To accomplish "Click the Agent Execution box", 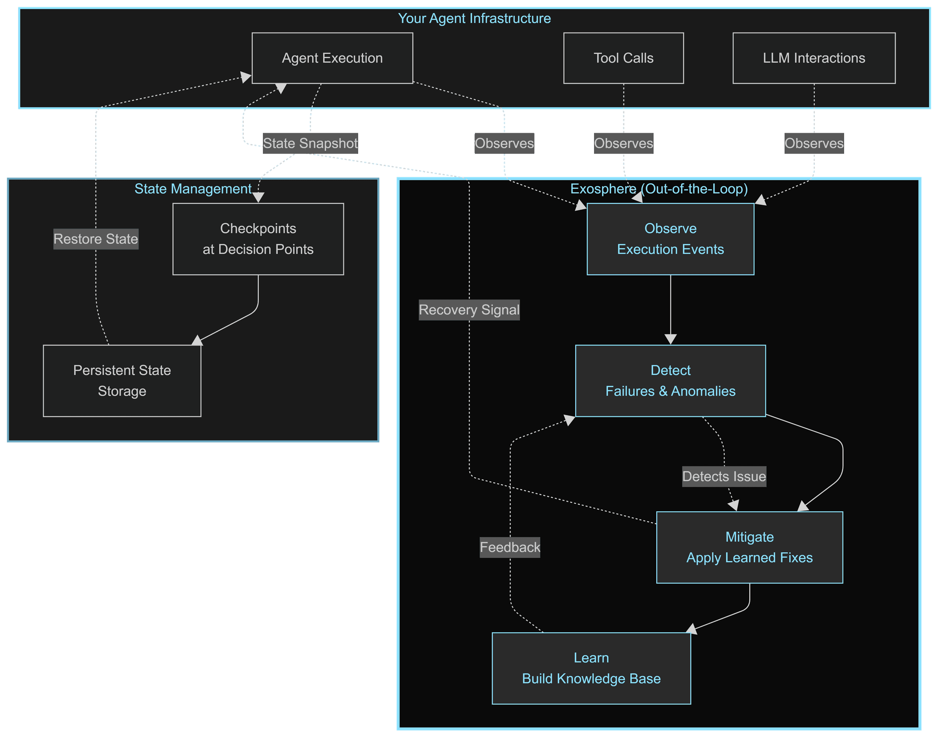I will (x=332, y=58).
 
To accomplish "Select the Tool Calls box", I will (x=623, y=58).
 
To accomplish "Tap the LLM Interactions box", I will (x=814, y=58).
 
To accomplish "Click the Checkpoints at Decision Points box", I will (x=258, y=239).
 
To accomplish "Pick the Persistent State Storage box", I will (x=122, y=381).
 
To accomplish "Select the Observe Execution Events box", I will (x=670, y=239).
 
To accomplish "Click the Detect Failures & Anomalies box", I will (x=670, y=381).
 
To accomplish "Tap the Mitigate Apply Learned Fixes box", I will (x=749, y=547).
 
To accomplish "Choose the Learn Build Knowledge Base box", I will (x=591, y=668).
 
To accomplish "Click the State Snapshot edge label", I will (x=310, y=143).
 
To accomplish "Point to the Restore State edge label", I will (x=96, y=239).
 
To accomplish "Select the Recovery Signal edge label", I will (x=469, y=310).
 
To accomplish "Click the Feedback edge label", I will (x=510, y=547).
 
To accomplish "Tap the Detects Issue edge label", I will (x=724, y=476).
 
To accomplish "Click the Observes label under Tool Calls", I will (x=623, y=143).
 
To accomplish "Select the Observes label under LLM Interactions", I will (x=814, y=143).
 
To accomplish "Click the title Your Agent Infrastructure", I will (x=474, y=18).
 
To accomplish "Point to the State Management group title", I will (x=193, y=189).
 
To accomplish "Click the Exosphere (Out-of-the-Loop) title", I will (x=659, y=189).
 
